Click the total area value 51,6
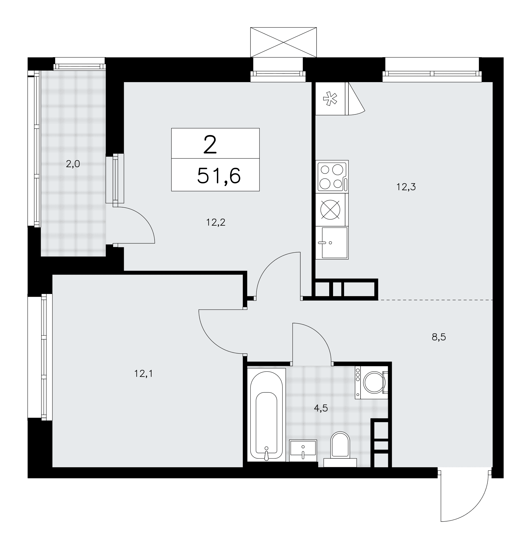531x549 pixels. (x=219, y=176)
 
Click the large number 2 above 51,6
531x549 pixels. (x=210, y=145)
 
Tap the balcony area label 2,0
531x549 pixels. (x=73, y=164)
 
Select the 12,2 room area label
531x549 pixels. (x=216, y=222)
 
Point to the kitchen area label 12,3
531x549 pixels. (x=406, y=187)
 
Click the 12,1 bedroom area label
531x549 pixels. (x=144, y=373)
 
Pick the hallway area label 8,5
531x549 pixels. (x=438, y=337)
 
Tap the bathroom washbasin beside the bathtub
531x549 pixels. (x=303, y=451)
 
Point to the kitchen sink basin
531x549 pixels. (x=335, y=243)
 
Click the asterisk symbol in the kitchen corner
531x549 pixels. (x=330, y=98)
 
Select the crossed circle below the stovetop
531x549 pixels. (x=330, y=210)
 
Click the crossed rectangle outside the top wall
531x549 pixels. (x=283, y=42)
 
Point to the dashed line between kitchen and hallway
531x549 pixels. (x=435, y=300)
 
